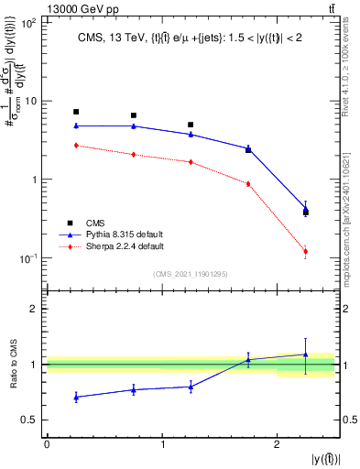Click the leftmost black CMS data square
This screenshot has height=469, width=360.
76,112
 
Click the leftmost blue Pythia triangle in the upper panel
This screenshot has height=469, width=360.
76,125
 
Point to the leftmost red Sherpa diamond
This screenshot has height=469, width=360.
76,145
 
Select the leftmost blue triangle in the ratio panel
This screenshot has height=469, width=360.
76,397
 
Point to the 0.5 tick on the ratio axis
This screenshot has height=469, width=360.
30,420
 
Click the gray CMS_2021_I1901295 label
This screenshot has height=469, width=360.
191,274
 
